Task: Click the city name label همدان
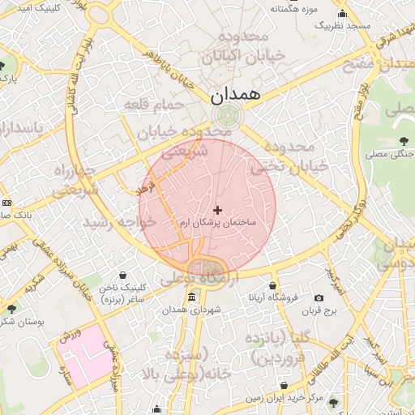point(236,94)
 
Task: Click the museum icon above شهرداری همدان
point(190,297)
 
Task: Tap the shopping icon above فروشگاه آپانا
point(273,285)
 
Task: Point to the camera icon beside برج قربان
point(330,299)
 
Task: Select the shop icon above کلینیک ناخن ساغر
point(122,276)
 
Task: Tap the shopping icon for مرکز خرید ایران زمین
point(283,386)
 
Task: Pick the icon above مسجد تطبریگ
point(343,13)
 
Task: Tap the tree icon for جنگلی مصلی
point(404,140)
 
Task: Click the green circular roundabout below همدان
point(228,115)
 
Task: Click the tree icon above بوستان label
point(11,308)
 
